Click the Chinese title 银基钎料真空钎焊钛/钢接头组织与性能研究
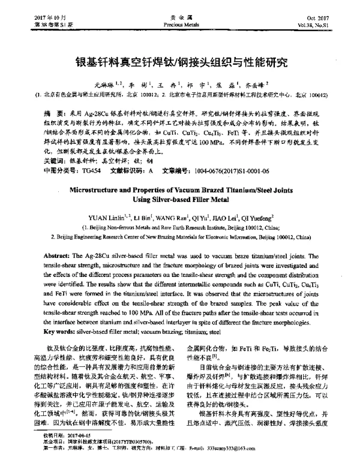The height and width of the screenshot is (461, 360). coord(180,62)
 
